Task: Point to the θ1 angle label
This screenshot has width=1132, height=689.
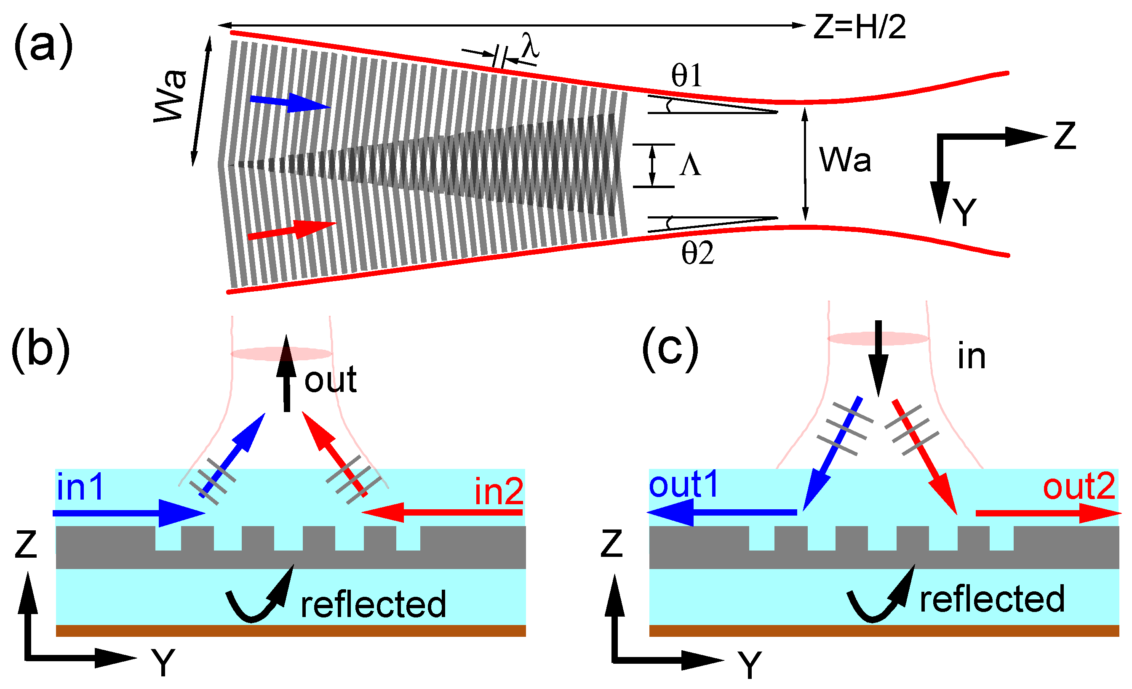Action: pos(687,76)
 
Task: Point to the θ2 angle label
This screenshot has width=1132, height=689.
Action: pos(697,253)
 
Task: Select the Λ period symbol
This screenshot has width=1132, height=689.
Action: pos(690,166)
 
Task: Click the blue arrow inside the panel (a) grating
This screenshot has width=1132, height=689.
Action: pos(289,103)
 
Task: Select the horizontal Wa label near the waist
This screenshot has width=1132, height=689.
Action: pos(845,160)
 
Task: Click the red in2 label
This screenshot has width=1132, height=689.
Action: pos(499,492)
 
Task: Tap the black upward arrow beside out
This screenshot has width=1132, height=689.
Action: pos(286,374)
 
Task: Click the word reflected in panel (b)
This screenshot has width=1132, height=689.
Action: pos(373,604)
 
